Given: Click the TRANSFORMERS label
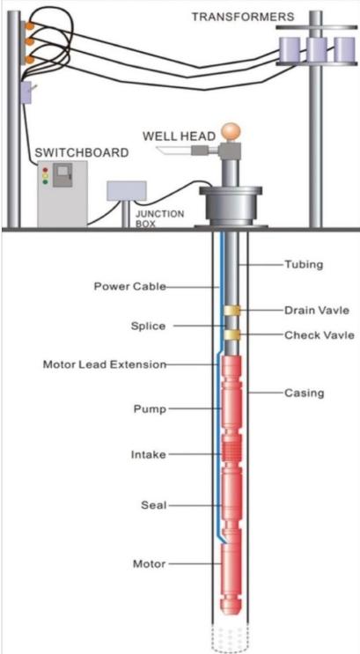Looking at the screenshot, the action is coord(242,18).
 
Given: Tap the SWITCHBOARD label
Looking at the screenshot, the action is coord(82,152).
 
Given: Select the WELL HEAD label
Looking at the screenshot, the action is coord(180,136).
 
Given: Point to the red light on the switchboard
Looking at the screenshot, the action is coord(45,170).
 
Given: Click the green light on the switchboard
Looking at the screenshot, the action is coord(45,182).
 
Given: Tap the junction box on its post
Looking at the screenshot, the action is coord(127,191).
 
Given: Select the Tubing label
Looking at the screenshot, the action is coord(304,264).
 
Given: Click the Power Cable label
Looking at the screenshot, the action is coord(129,287).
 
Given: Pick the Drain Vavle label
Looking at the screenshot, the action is coord(316,311).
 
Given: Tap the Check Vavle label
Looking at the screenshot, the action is coord(320,335).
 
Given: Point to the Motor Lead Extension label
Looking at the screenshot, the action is coord(105,364).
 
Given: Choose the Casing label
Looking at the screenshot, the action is coord(304,393).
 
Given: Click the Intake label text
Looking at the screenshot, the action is coord(149,454).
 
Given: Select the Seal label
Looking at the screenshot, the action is coord(154,505).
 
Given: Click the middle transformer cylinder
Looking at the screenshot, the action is coord(316,49).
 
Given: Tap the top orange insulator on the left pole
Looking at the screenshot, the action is coord(29,26).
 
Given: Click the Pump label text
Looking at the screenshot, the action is coord(150,409).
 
